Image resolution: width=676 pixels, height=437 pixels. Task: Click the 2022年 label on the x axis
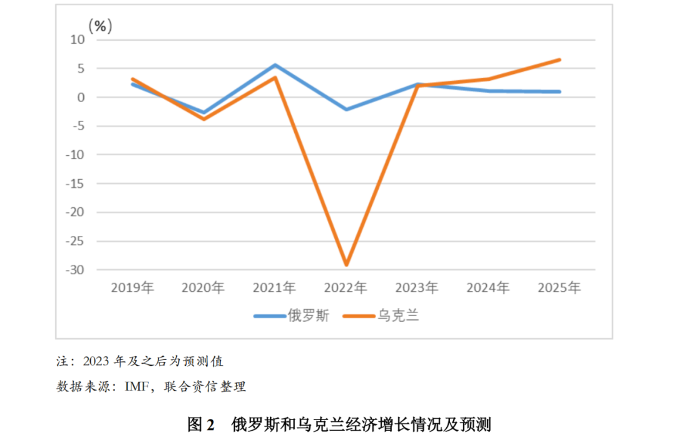[346, 288]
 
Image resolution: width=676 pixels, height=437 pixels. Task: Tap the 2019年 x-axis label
[132, 288]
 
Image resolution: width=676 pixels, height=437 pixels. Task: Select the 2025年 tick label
[560, 288]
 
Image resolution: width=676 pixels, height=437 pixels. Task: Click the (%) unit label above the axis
[100, 26]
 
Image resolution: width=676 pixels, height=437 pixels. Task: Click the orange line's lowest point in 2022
[346, 265]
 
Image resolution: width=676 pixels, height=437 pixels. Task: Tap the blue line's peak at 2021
[275, 65]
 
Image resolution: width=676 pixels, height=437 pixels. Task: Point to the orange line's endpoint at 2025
[559, 60]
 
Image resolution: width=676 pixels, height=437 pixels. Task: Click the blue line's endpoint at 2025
[559, 91]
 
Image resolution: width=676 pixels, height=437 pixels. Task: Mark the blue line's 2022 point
[346, 110]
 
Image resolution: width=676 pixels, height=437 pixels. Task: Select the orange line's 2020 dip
[203, 119]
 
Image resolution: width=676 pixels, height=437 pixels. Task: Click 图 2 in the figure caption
[202, 424]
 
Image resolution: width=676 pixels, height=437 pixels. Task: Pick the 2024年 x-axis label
[488, 288]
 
